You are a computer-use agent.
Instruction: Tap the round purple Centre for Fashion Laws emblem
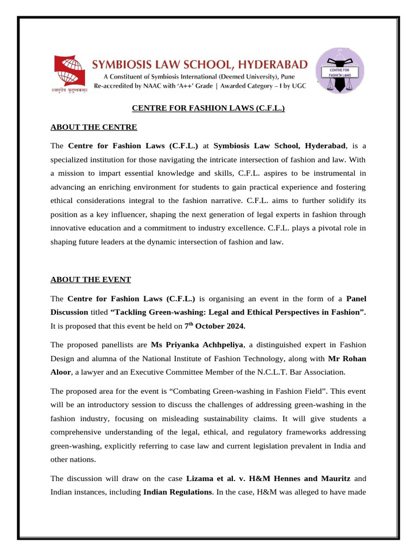(x=340, y=71)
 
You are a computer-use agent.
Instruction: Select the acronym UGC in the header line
(x=298, y=86)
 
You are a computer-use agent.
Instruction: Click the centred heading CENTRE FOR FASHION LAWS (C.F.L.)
(x=208, y=109)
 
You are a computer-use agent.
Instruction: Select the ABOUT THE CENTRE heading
(x=94, y=127)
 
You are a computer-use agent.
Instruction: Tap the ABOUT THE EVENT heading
(x=91, y=280)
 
